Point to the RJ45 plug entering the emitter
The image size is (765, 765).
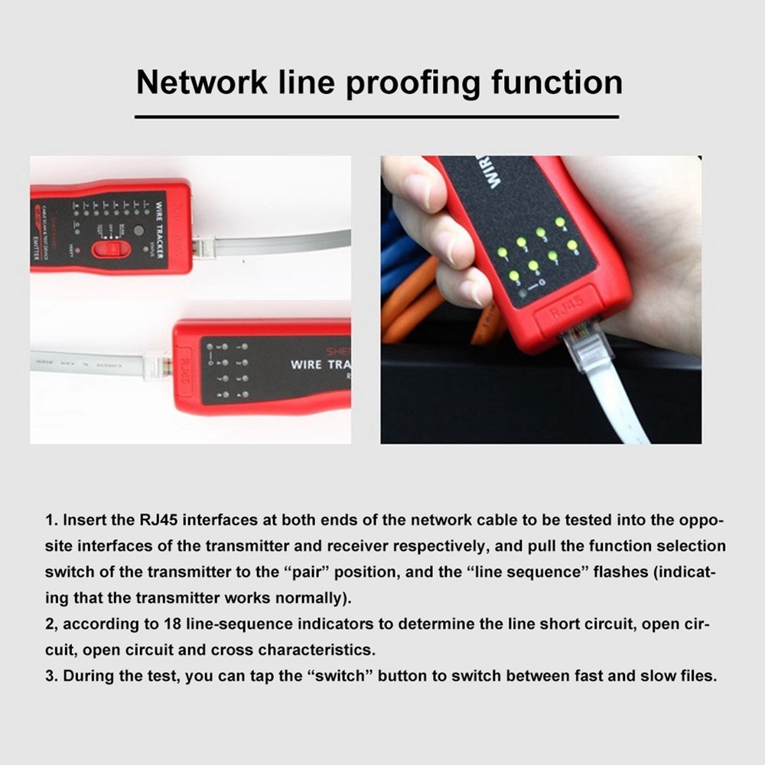[x=203, y=246]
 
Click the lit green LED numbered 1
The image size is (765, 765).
[x=503, y=252]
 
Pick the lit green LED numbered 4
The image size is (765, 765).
[x=560, y=223]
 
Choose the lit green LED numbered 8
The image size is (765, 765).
[x=571, y=246]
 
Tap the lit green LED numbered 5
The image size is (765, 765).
[x=513, y=276]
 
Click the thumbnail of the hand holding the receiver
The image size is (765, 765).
[x=541, y=299]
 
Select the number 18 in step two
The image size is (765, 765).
[x=172, y=623]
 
